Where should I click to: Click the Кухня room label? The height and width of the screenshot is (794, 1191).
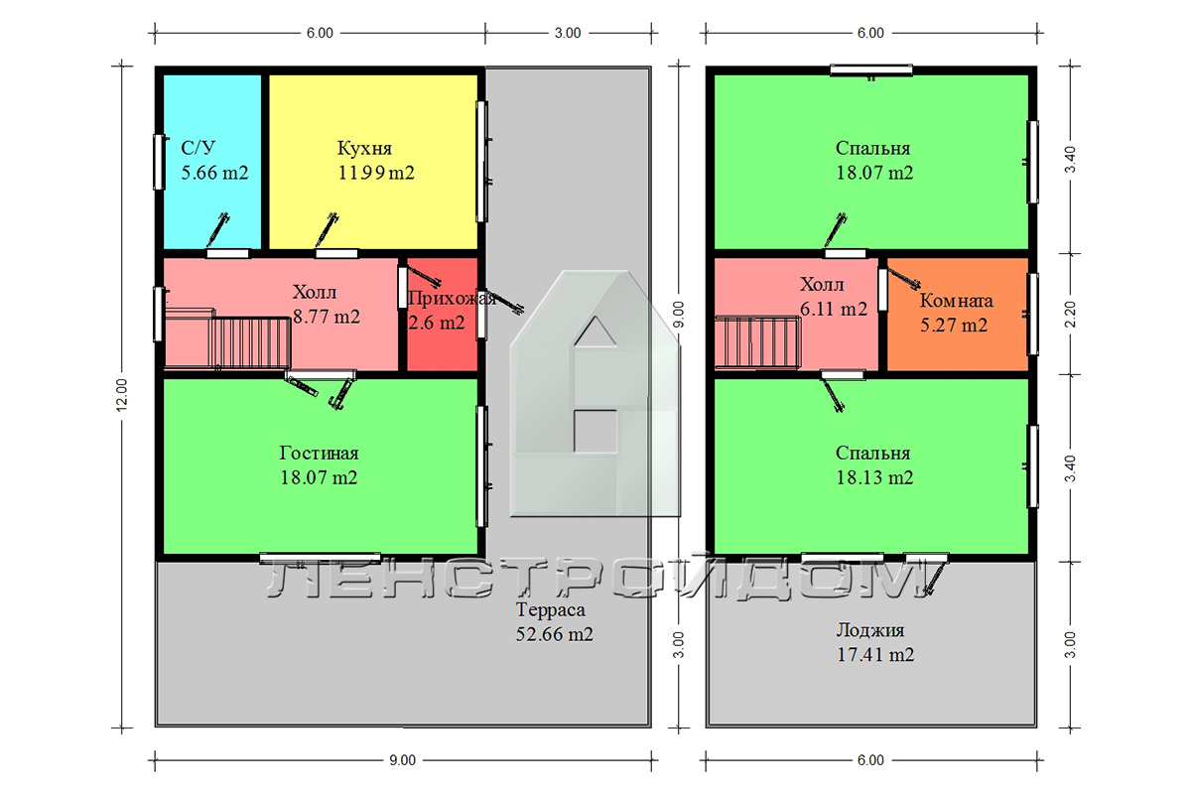point(364,148)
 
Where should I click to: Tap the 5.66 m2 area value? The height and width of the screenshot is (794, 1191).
point(214,173)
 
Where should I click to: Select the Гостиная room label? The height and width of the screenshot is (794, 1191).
point(319,454)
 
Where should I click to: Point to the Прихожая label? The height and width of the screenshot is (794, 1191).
point(452,299)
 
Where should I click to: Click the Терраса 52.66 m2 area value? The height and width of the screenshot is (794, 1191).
point(554,634)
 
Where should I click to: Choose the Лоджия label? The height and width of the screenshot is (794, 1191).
point(870,630)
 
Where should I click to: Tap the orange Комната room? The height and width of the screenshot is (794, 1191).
point(957,315)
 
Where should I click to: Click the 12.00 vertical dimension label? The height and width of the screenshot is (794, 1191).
point(122,395)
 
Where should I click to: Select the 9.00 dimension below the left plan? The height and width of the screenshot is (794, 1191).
point(403,760)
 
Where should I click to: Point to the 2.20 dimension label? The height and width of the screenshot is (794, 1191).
point(1070,315)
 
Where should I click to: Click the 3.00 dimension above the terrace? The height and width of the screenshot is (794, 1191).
point(568,33)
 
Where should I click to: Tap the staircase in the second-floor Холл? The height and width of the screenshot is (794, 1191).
point(757,341)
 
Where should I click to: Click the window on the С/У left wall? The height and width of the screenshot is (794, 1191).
point(159,162)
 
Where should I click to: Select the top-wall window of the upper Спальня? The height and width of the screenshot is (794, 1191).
point(871,69)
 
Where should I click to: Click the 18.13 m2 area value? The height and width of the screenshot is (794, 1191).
point(874,477)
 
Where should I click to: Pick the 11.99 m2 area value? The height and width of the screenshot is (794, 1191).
point(376,173)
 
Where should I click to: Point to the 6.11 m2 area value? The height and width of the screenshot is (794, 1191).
point(834,309)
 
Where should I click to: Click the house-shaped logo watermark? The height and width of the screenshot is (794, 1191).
point(595,394)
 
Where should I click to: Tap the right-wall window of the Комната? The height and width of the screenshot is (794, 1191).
point(1032,315)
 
